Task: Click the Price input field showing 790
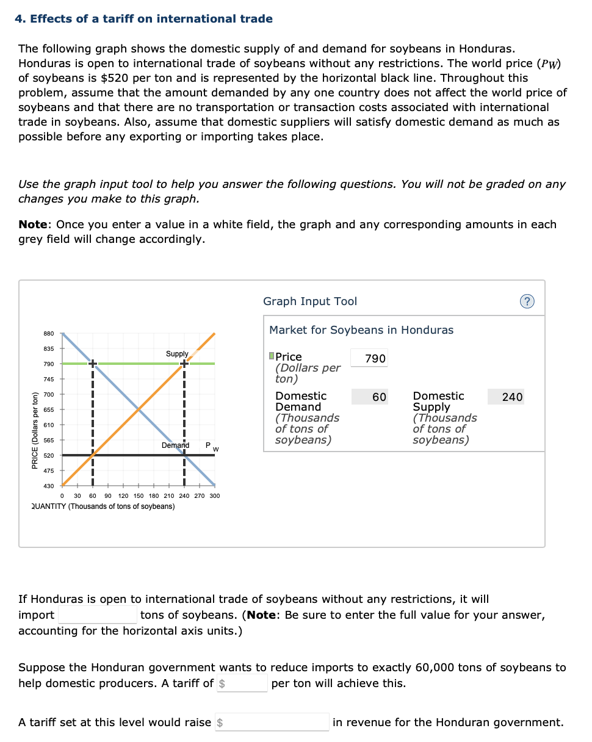click(375, 359)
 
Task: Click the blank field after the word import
click(97, 614)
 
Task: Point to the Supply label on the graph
click(177, 354)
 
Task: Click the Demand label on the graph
click(175, 445)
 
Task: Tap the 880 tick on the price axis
click(49, 333)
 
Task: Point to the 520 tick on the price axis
click(49, 455)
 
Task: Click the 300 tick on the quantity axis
click(214, 495)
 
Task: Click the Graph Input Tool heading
click(310, 301)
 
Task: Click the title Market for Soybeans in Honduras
click(361, 330)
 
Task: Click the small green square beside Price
click(272, 357)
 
